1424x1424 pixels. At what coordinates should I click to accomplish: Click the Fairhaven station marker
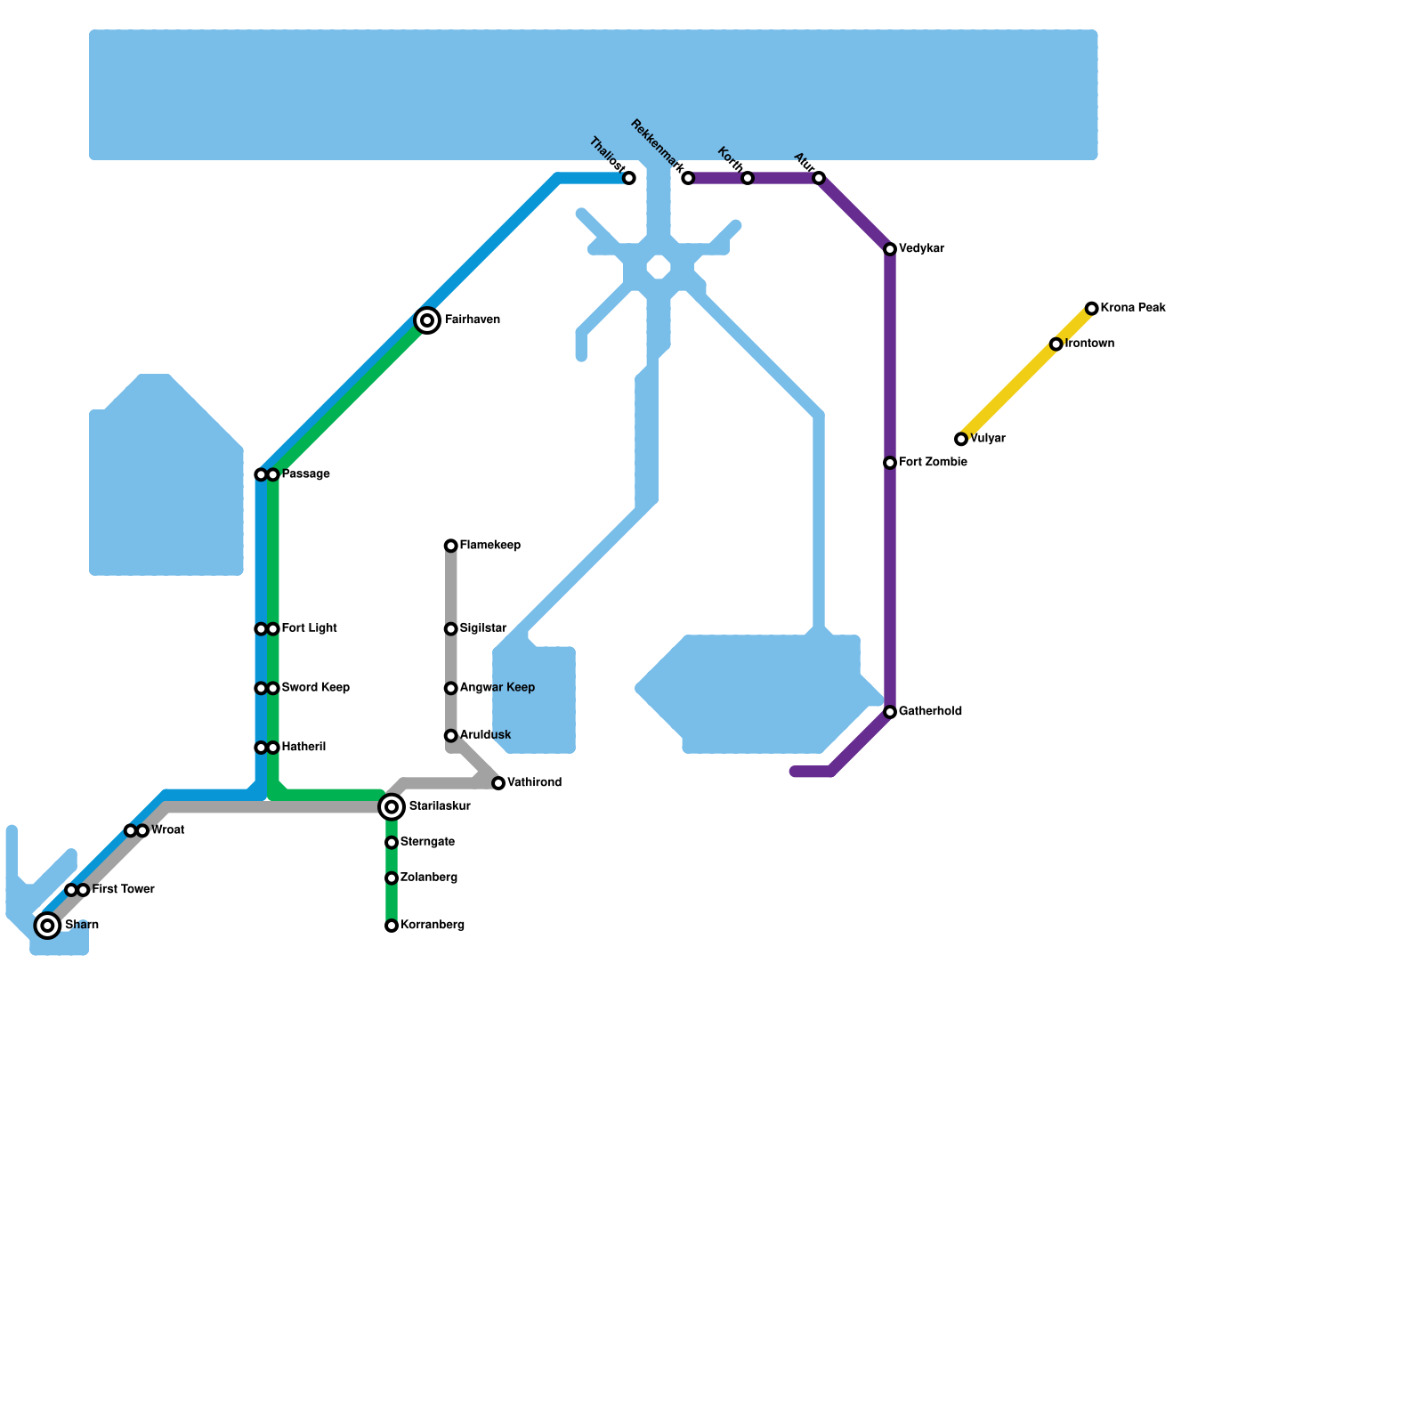pos(427,320)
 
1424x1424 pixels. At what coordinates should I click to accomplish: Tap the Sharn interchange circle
pos(48,926)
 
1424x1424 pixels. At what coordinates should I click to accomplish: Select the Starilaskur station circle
pos(392,807)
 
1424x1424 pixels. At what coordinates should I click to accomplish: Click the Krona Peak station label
pos(1133,308)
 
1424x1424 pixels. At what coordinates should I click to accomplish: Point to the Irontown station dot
pos(1056,344)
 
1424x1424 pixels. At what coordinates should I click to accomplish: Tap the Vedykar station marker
pos(890,249)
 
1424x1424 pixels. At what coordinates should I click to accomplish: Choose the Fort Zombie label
pos(933,463)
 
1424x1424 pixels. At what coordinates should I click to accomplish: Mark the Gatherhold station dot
pos(890,712)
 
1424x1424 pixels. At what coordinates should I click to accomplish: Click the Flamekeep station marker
pos(451,546)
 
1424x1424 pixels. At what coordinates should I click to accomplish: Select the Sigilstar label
pos(483,628)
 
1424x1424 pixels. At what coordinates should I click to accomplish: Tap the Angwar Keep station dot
pos(451,688)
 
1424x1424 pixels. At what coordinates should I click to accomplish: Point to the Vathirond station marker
pos(498,783)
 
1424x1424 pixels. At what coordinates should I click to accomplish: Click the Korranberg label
pos(433,926)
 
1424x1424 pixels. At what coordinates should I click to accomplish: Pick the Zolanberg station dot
pos(392,878)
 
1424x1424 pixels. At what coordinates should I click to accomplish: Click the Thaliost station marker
pos(629,178)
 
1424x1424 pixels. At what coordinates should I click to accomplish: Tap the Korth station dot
pos(748,178)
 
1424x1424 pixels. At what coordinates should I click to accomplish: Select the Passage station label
pos(306,474)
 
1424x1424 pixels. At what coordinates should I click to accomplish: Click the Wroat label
pos(168,830)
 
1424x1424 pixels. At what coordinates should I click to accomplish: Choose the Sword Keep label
pos(316,688)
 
